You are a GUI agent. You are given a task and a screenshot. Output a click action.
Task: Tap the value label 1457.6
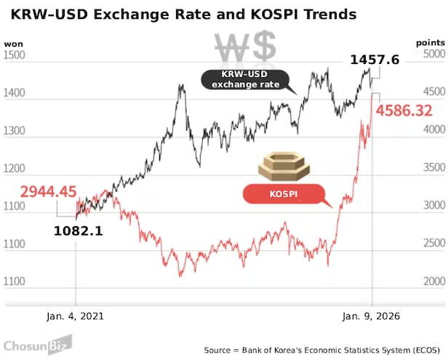[x=375, y=60]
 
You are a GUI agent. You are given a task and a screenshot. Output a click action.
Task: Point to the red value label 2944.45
[x=48, y=192]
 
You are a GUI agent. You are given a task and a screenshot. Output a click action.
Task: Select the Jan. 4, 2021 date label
[x=75, y=316]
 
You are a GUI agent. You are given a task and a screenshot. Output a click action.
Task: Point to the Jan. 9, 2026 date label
[x=372, y=316]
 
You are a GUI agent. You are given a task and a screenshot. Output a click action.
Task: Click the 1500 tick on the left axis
[x=15, y=55]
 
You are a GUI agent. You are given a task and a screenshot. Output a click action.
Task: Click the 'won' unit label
[x=13, y=44]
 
